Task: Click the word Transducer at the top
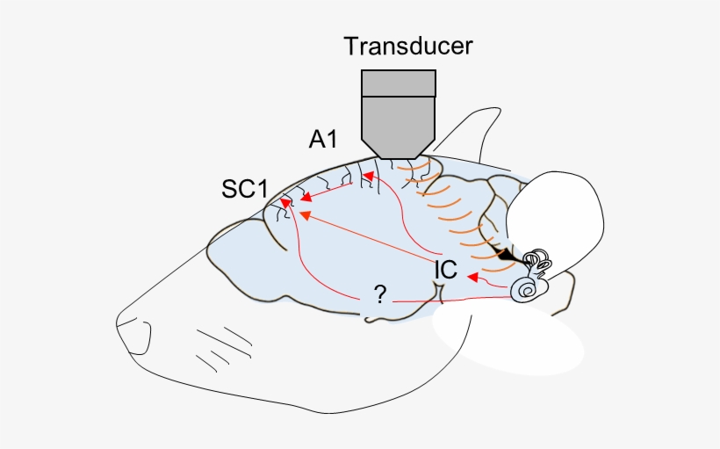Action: pos(407,46)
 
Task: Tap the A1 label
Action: pos(323,138)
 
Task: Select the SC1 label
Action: pos(245,189)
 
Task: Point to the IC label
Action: pos(446,269)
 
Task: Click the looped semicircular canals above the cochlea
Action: pos(536,261)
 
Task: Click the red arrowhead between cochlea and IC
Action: pos(472,278)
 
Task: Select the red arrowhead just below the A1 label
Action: pos(369,177)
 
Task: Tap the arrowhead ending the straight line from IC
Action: pos(305,213)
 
